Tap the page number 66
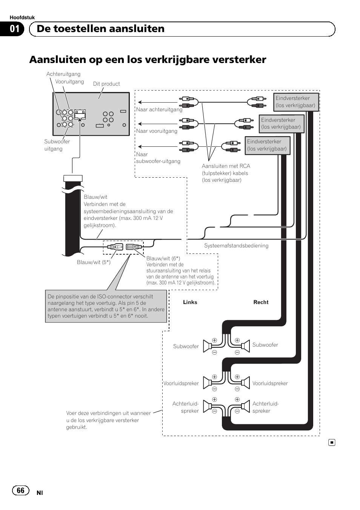click(x=20, y=490)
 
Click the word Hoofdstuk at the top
click(x=22, y=17)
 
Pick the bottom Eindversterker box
click(x=267, y=145)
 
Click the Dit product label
click(x=106, y=84)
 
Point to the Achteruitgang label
click(x=63, y=74)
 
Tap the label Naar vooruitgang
click(x=157, y=131)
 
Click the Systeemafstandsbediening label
click(x=236, y=246)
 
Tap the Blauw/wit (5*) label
click(x=94, y=262)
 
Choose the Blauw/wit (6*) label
click(x=163, y=258)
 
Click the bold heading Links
click(x=190, y=302)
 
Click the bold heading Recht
click(x=261, y=302)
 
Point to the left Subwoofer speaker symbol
click(x=207, y=346)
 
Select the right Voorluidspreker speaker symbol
click(x=245, y=383)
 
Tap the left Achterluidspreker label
click(x=186, y=407)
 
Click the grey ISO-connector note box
click(x=106, y=306)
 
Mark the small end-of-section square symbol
click(x=331, y=442)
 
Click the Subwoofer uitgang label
click(x=57, y=145)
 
